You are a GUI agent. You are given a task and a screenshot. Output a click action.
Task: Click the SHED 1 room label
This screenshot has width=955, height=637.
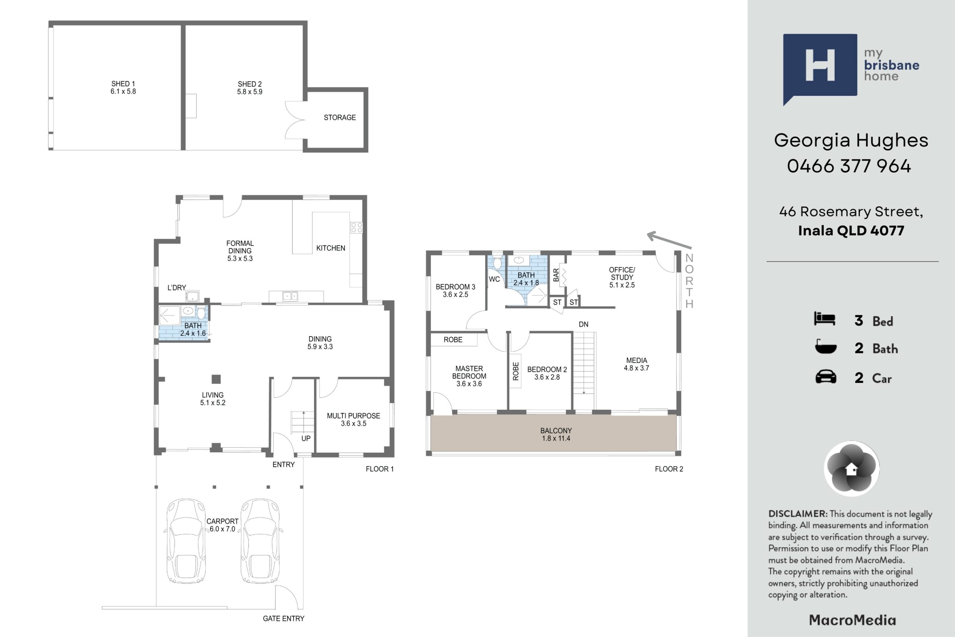(x=123, y=88)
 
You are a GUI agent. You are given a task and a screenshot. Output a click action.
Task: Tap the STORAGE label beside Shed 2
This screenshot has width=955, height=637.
(x=340, y=118)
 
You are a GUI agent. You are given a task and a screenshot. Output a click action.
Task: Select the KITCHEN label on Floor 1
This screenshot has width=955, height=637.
(x=331, y=248)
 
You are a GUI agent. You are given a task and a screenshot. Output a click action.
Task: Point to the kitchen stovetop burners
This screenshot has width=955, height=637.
(x=357, y=228)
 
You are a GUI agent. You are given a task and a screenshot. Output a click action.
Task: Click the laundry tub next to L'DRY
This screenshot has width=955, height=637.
(x=192, y=296)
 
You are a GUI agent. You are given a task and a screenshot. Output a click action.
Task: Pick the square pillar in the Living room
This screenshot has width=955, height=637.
(x=216, y=379)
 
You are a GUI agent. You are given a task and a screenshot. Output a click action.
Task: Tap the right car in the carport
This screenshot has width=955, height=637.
(x=260, y=541)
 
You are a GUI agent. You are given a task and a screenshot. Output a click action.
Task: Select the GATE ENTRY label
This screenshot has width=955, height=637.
(x=284, y=618)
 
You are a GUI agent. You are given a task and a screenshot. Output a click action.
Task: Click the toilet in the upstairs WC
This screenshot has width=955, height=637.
(x=497, y=262)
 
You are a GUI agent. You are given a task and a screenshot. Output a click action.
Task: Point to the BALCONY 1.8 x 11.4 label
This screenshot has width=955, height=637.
(x=556, y=434)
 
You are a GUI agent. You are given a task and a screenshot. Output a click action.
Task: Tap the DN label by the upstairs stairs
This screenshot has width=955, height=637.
(x=583, y=324)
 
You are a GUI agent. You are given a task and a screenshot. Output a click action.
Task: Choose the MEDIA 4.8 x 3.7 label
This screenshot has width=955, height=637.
(x=636, y=364)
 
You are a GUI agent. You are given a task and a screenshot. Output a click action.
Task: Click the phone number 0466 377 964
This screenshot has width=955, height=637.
(x=849, y=166)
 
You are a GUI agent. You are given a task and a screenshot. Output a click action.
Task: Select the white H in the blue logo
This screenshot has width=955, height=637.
(x=820, y=65)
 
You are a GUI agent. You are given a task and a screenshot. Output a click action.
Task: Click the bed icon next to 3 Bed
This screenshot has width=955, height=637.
(x=825, y=319)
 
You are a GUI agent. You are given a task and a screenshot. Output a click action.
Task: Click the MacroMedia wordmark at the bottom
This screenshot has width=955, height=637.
(x=852, y=620)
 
